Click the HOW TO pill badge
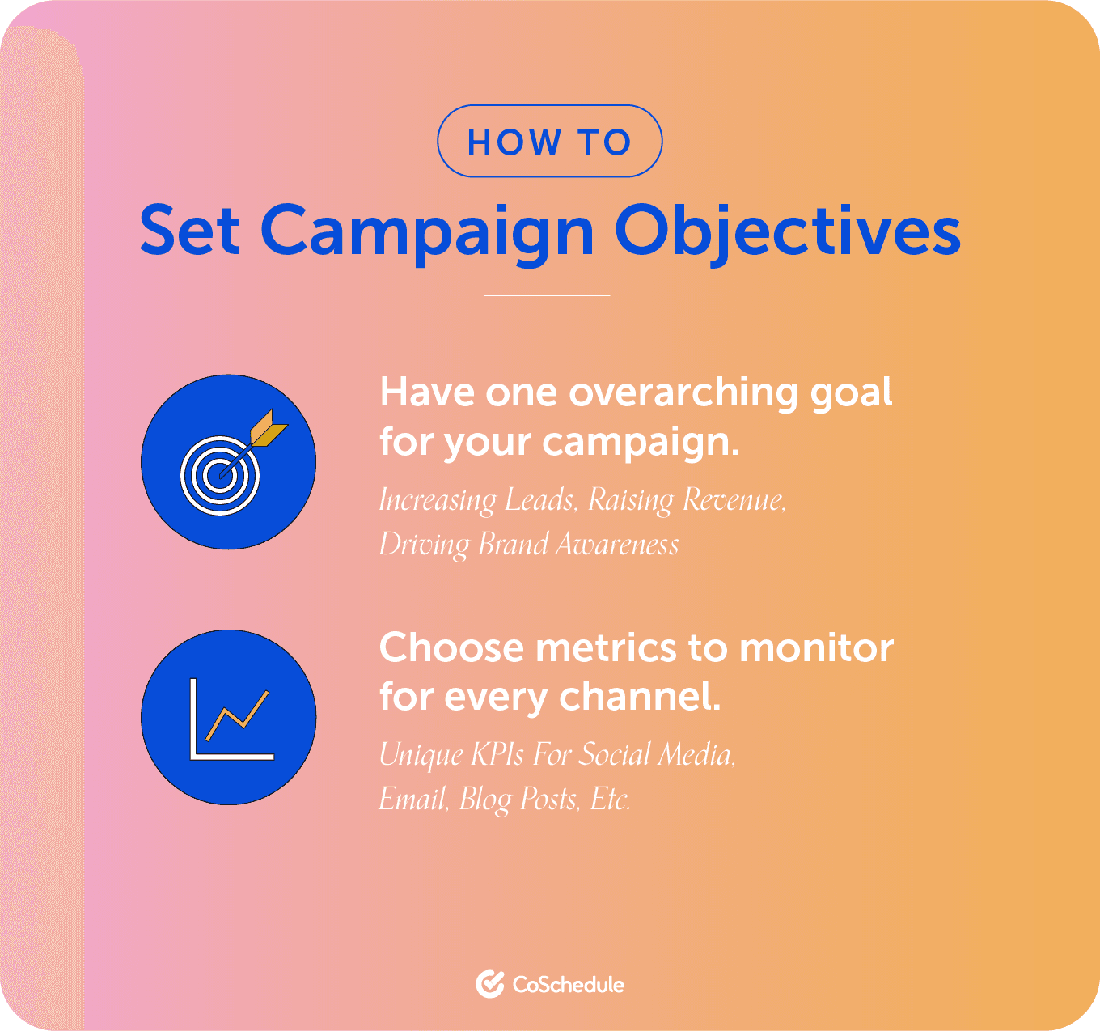point(549,142)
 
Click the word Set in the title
point(190,231)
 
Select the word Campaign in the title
point(428,232)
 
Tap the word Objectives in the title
point(787,232)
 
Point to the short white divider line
point(547,295)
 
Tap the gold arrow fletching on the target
point(269,428)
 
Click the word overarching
point(685,394)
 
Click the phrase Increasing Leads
point(476,500)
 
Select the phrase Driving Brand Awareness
point(529,545)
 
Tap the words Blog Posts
point(519,800)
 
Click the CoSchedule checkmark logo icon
point(490,984)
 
